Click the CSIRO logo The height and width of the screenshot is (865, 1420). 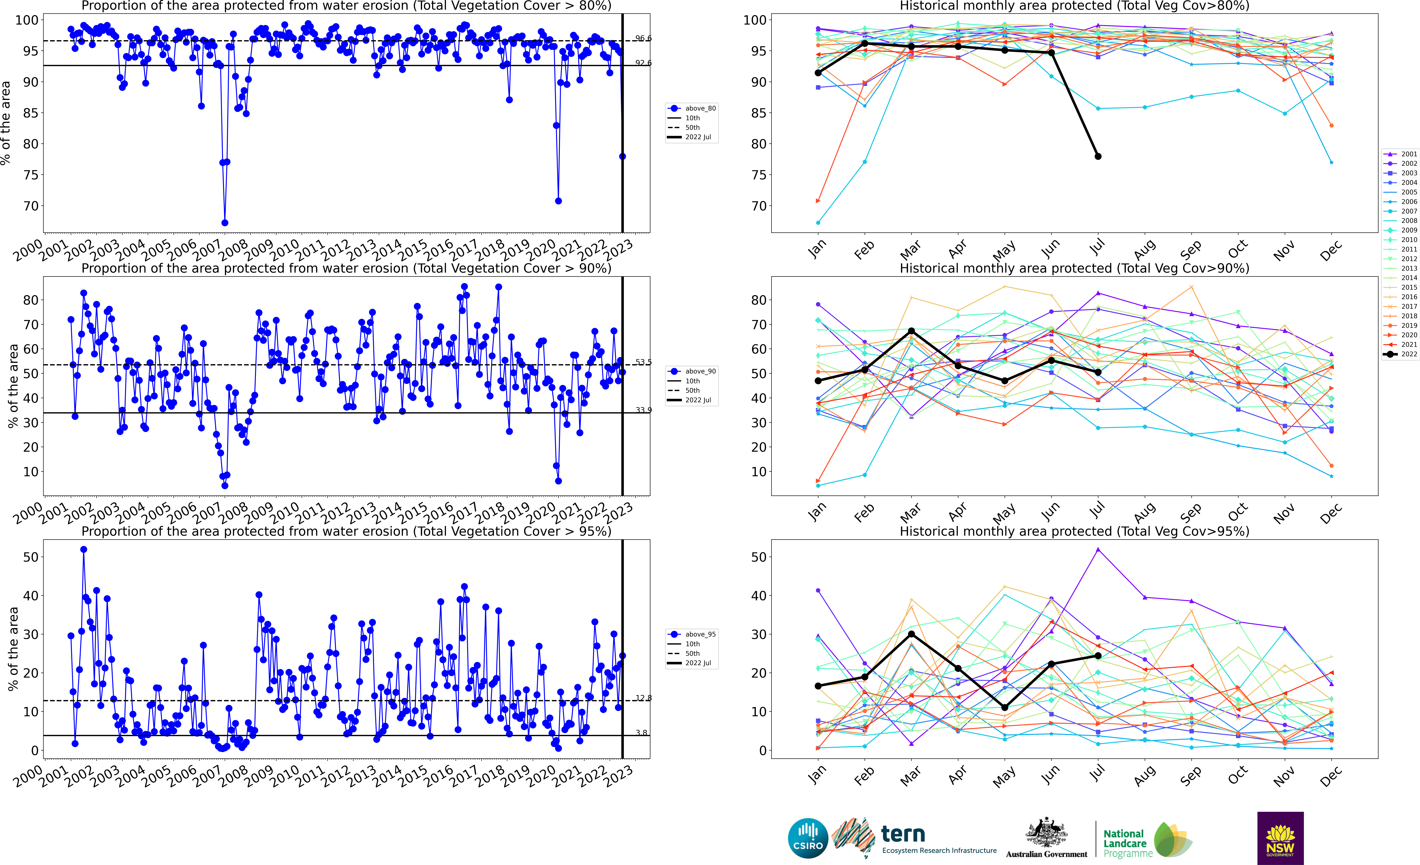tap(807, 838)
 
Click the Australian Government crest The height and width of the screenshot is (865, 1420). tap(1046, 833)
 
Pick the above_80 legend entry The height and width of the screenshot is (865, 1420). tap(693, 108)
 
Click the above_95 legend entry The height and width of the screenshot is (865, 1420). tap(693, 634)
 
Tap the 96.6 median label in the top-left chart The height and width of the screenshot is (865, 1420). tap(643, 38)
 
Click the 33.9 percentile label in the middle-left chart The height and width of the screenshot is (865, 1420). tap(643, 410)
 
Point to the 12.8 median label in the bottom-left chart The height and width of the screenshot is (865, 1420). tap(643, 698)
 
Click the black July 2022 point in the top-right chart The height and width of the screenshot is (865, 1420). tap(1098, 156)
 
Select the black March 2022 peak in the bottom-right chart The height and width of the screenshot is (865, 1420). tap(911, 634)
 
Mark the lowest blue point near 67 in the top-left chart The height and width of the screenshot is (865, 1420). tap(225, 223)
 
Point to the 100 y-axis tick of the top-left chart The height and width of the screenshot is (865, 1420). tap(27, 20)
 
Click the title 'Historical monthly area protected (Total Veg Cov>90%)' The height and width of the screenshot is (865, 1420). tap(1074, 268)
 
